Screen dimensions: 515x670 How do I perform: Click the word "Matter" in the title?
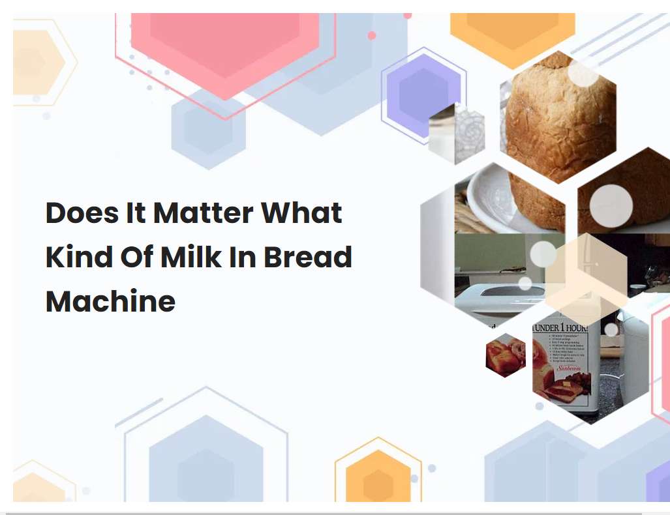(x=203, y=214)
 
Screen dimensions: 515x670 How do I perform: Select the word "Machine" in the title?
(x=110, y=301)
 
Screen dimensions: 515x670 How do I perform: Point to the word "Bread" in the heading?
(x=308, y=257)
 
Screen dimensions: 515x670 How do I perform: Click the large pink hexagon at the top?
(x=225, y=46)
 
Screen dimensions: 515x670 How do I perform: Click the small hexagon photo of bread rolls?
(x=506, y=355)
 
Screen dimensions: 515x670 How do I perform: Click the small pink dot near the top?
(x=372, y=35)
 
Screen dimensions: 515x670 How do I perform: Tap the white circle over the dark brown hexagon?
(x=611, y=206)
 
